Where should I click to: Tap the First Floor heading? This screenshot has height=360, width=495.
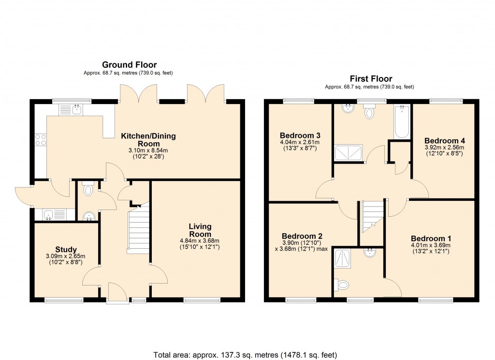pos(371,79)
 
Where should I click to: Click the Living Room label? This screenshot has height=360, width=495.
pos(200,230)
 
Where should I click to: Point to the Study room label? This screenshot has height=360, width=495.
pos(66,250)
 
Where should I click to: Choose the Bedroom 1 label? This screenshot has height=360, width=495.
pos(431,239)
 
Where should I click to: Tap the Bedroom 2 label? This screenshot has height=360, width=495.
pos(302,236)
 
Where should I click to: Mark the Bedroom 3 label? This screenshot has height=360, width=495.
pos(300,135)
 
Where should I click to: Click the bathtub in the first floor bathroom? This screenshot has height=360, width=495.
pos(402,121)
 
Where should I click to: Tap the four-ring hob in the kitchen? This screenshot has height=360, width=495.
pos(41,140)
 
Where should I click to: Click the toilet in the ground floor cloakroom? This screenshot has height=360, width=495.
pos(87,190)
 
